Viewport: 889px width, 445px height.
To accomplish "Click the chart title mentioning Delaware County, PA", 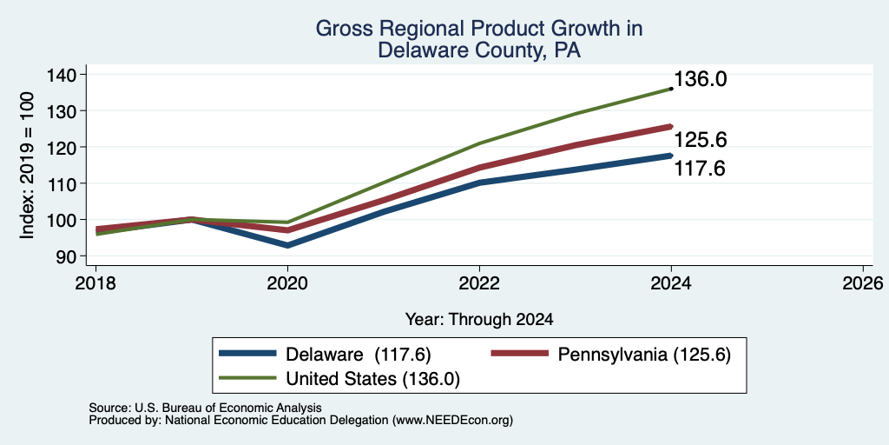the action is [x=479, y=39].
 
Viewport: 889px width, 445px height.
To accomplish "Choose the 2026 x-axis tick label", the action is [x=863, y=282].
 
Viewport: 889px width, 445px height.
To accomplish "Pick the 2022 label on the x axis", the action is [x=479, y=282].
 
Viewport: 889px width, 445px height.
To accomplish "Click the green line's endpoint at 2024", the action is [x=671, y=89].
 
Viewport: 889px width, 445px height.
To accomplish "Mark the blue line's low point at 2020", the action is [x=287, y=245].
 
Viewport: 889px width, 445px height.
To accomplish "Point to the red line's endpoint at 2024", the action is [x=671, y=127].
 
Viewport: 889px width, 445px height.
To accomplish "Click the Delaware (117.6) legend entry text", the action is [x=359, y=355].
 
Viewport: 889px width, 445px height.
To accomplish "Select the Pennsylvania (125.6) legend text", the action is [x=644, y=355].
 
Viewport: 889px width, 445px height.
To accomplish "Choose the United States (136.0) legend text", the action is [x=373, y=379].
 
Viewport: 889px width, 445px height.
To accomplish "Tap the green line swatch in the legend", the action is [x=247, y=378].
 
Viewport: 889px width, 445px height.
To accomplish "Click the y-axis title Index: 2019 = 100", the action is [x=27, y=165].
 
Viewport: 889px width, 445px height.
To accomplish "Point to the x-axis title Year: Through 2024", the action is [x=479, y=320].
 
